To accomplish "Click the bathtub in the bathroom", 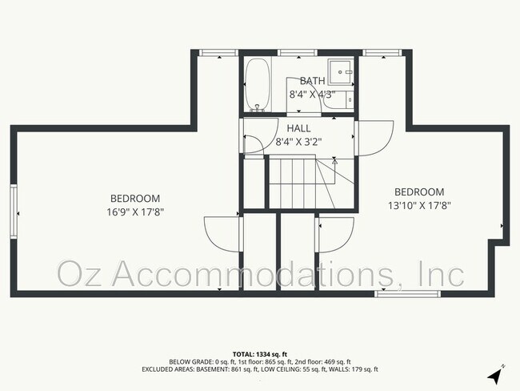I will pyautogui.click(x=258, y=85).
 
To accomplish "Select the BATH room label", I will pyautogui.click(x=312, y=81).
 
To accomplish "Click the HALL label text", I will pyautogui.click(x=298, y=128).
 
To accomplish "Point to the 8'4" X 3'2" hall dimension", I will pyautogui.click(x=298, y=142).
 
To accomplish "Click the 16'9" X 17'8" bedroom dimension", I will pyautogui.click(x=135, y=212).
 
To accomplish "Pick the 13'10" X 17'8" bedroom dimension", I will pyautogui.click(x=418, y=205).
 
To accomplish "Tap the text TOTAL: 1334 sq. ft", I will pyautogui.click(x=259, y=353).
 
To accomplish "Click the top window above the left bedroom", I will pyautogui.click(x=218, y=53).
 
